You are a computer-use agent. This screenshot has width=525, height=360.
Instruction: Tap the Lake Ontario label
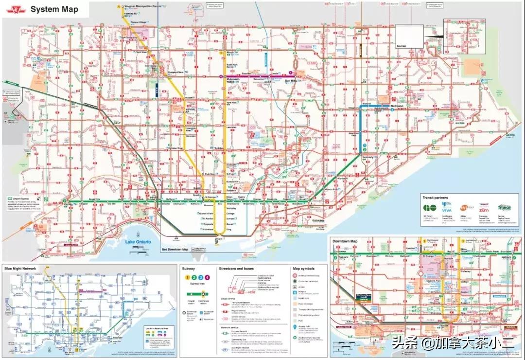pos(138,242)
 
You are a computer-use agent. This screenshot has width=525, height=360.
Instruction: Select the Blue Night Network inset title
pos(20,269)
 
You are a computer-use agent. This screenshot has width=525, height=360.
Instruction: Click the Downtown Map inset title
pos(345,241)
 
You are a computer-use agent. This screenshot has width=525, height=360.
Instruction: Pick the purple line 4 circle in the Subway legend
pos(207,277)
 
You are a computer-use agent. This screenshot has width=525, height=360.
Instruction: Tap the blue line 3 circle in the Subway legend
pos(200,277)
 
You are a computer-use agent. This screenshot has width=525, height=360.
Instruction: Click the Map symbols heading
pos(303,269)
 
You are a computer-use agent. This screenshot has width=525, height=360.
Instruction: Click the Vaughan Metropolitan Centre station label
pos(142,5)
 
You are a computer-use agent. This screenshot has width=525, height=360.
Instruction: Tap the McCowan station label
pos(398,105)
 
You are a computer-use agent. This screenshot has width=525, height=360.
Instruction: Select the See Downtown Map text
pos(175,249)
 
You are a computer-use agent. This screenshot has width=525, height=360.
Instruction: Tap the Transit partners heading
pos(435,198)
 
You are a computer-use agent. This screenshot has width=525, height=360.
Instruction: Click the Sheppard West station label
pos(175,72)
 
